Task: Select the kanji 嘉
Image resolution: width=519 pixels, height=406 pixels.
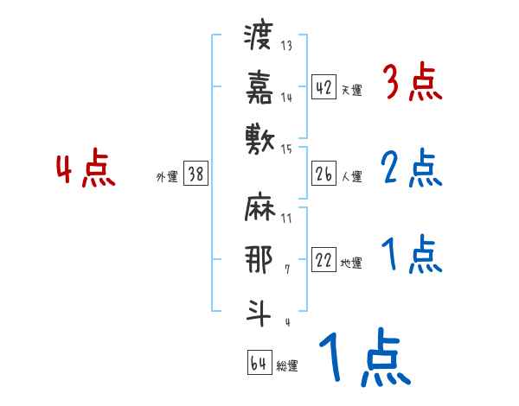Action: pyautogui.click(x=259, y=86)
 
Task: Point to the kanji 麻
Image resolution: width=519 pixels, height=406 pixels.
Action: pyautogui.click(x=259, y=209)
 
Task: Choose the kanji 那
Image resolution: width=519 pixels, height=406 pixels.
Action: pyautogui.click(x=259, y=258)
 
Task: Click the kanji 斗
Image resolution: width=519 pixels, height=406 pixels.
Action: pyautogui.click(x=259, y=309)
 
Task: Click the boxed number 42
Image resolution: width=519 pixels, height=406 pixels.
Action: pyautogui.click(x=324, y=87)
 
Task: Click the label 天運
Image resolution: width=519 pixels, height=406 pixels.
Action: pyautogui.click(x=352, y=90)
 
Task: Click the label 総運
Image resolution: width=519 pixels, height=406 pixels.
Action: pyautogui.click(x=287, y=365)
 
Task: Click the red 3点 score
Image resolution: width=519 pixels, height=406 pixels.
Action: pyautogui.click(x=413, y=84)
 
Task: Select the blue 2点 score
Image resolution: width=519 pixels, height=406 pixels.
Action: pyautogui.click(x=411, y=169)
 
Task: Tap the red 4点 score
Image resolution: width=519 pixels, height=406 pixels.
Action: pyautogui.click(x=86, y=169)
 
